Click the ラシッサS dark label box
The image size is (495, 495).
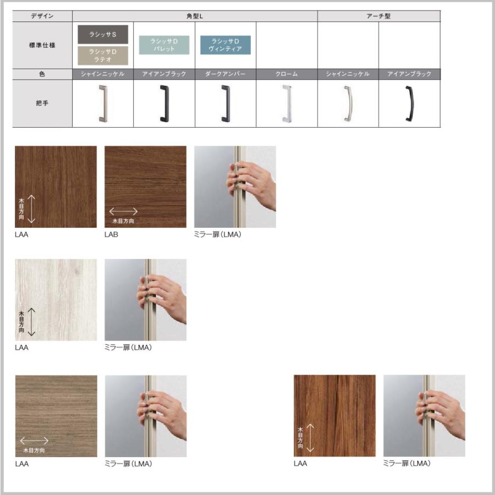(103, 35)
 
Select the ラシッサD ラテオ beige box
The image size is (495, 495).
(103, 56)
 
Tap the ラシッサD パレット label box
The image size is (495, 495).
(164, 45)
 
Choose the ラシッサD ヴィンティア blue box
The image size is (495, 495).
(226, 45)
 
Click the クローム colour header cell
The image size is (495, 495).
(287, 74)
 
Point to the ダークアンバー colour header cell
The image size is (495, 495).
(226, 74)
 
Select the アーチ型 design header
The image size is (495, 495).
(379, 16)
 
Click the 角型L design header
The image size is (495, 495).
(195, 16)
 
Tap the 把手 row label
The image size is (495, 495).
(42, 103)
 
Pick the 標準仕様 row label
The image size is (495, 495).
(42, 45)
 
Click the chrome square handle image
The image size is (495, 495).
(287, 103)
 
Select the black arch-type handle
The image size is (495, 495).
(409, 103)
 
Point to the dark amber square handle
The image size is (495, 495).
(226, 103)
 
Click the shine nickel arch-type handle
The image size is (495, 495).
(348, 103)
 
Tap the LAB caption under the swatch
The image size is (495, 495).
(111, 234)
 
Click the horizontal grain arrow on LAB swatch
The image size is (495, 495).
(123, 211)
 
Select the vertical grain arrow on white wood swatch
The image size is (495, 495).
(31, 322)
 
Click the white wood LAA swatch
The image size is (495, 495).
(56, 300)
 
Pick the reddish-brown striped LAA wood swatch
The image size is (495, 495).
(334, 416)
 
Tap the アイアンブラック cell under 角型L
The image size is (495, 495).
(164, 74)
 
